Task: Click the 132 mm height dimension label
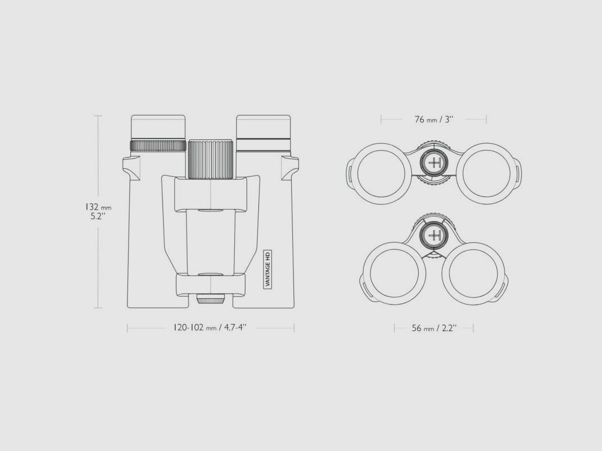(98, 211)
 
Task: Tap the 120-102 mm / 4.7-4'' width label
(210, 328)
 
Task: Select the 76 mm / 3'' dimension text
(434, 120)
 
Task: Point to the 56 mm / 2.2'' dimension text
(434, 328)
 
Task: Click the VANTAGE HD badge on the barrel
(267, 269)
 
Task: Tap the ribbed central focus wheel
(211, 159)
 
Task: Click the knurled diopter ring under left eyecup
(158, 146)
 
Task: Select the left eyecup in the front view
(158, 127)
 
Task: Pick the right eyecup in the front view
(263, 127)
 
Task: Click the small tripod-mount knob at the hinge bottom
(210, 299)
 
